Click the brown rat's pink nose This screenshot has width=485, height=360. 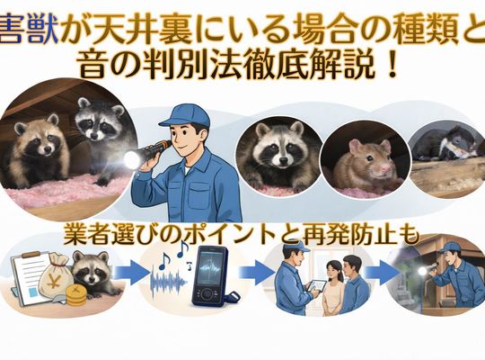385,168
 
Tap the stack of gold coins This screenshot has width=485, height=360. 75,295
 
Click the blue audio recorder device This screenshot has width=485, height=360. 210,274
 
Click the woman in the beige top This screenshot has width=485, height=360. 333,286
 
